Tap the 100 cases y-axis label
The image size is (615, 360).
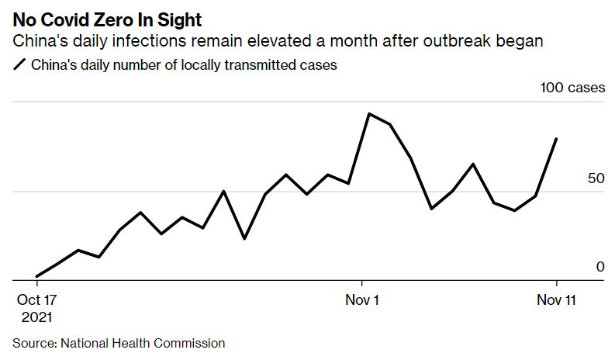[x=572, y=88]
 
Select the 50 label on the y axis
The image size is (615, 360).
[x=596, y=178]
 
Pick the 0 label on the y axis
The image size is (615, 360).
[x=599, y=267]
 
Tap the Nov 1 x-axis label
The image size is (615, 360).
[x=361, y=299]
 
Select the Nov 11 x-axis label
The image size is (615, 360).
[x=557, y=299]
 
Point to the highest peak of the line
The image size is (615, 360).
[x=368, y=114]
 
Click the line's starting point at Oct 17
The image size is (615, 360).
[x=36, y=275]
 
